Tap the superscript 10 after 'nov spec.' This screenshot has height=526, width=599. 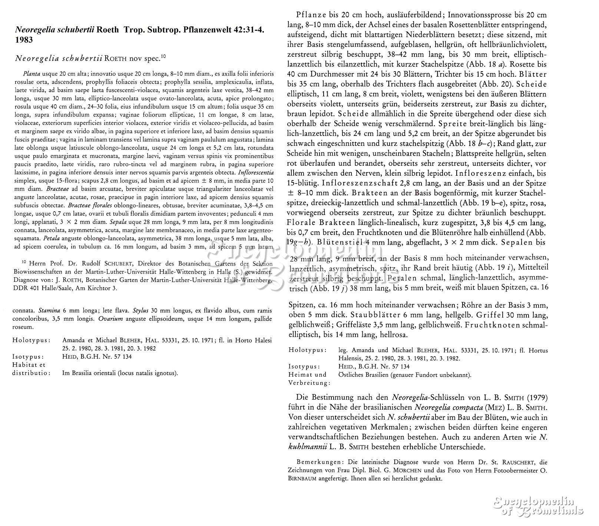click(x=163, y=57)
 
